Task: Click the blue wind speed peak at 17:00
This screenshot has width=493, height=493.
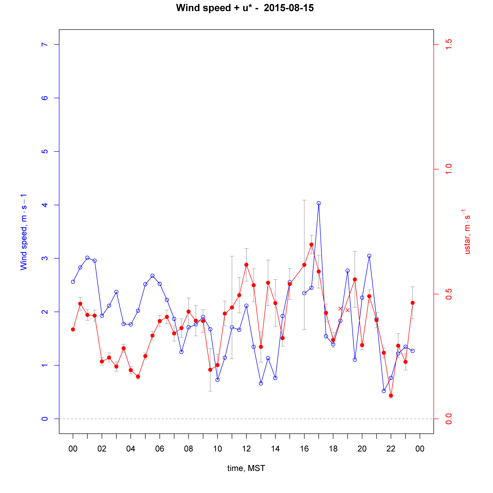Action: (319, 203)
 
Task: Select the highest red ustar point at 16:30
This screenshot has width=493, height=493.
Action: (311, 244)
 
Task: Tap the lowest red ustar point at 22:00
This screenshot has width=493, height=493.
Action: (391, 396)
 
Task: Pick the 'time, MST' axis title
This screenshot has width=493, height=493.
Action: (246, 468)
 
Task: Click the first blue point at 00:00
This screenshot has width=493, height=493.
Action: (73, 282)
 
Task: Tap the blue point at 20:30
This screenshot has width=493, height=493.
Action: (369, 256)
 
